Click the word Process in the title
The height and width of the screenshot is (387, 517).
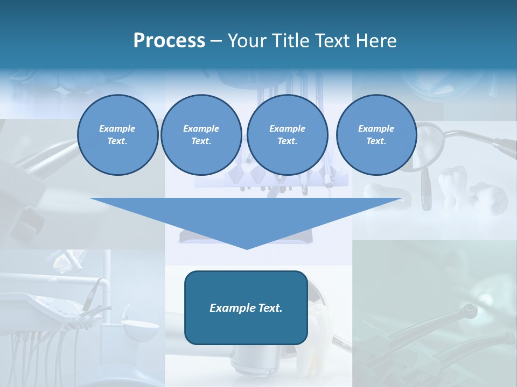tap(169, 41)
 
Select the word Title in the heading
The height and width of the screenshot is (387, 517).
tap(291, 41)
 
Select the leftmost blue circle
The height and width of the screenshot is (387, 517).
tap(118, 135)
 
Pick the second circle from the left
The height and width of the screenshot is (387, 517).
tap(201, 135)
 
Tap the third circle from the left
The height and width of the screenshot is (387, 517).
tap(287, 135)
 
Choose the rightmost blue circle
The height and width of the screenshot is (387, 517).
tap(376, 135)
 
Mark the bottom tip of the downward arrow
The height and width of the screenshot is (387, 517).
tap(247, 248)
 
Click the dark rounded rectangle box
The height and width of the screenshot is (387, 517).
tap(246, 307)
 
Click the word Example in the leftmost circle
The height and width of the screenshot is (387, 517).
tap(117, 128)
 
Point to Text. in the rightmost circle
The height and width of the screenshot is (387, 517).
tap(376, 141)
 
